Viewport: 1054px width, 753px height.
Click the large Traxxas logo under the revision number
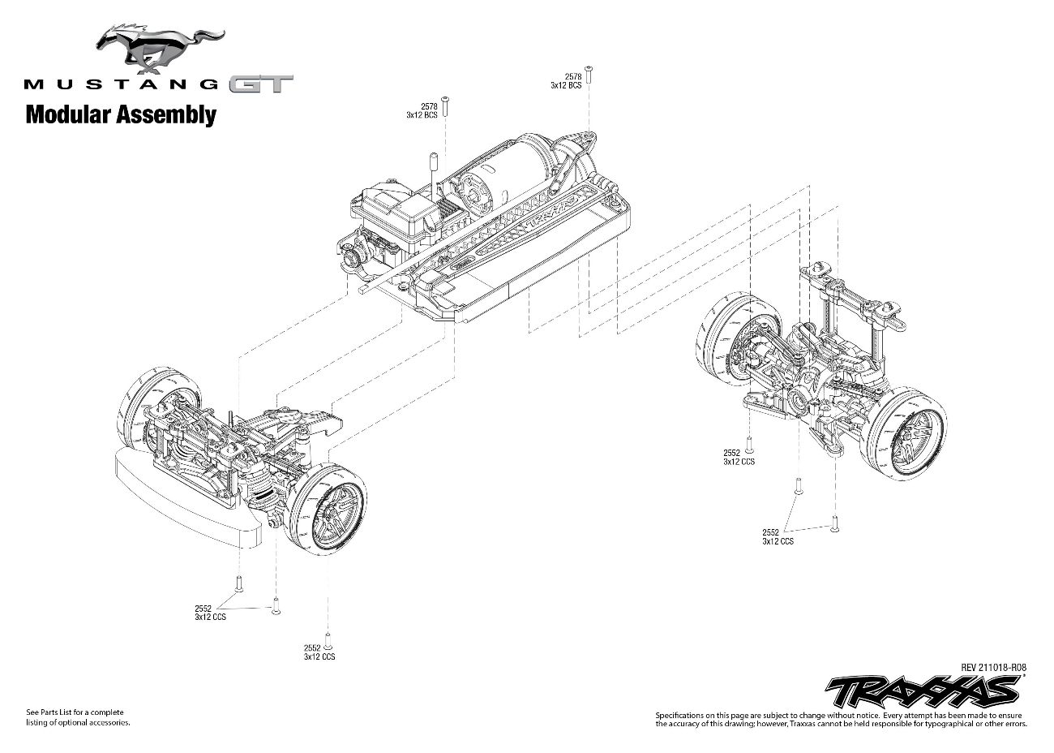point(921,691)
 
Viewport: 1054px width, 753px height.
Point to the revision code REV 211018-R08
point(994,667)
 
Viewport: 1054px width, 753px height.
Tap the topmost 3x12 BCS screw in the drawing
point(589,74)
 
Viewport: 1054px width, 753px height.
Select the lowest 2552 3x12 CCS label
point(319,652)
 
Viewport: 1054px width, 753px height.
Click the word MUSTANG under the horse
point(122,84)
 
